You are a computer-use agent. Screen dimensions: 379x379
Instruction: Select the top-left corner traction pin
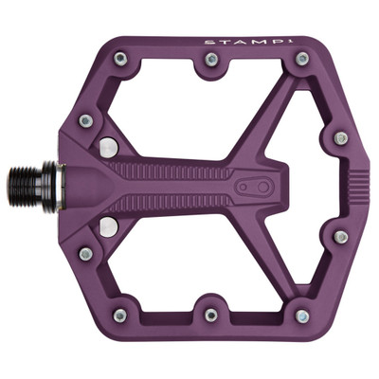[x=121, y=59]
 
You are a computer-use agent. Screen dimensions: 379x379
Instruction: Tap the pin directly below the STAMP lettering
[x=301, y=59]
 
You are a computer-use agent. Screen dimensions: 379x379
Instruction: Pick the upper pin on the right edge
[x=340, y=138]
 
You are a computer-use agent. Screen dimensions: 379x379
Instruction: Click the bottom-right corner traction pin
[x=301, y=316]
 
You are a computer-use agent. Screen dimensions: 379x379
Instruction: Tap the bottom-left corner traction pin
[x=120, y=316]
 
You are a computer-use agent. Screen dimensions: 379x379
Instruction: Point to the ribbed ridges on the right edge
[x=355, y=187]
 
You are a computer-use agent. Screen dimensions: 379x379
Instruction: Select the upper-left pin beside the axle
[x=85, y=120]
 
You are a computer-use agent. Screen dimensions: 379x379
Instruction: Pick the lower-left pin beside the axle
[x=85, y=253]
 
